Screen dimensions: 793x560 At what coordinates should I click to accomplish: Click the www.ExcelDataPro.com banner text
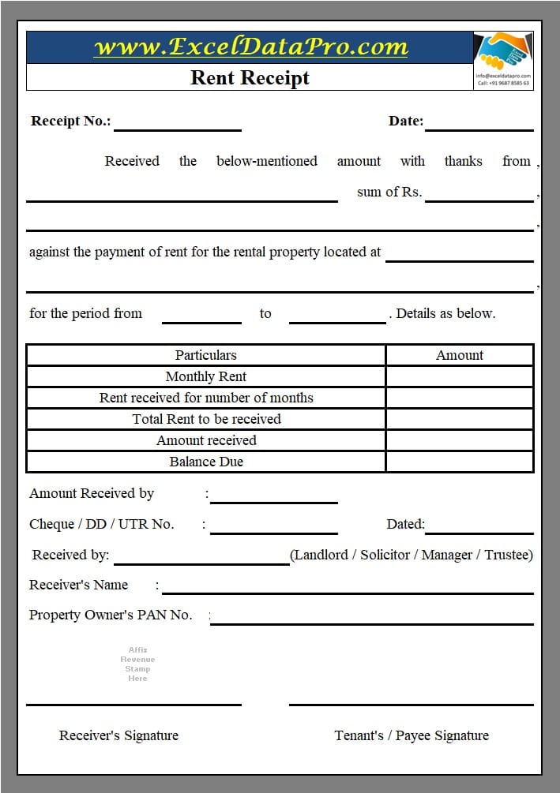pos(250,47)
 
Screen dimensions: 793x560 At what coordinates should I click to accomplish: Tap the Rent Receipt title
pos(250,77)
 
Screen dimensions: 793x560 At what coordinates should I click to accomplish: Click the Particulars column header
pos(205,355)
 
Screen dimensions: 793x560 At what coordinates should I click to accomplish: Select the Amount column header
pos(460,355)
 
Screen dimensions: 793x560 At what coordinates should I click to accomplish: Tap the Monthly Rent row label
pos(205,376)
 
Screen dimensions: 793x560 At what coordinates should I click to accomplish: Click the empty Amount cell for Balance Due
pos(460,462)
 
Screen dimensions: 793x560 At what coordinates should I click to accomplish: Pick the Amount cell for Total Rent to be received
pos(460,419)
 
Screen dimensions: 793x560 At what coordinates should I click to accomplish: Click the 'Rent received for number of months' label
pos(205,398)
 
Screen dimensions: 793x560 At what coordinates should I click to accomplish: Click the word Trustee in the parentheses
pos(508,555)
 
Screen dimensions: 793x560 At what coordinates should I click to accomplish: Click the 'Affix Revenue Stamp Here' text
pos(137,664)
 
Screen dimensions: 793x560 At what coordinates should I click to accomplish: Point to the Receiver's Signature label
pos(118,735)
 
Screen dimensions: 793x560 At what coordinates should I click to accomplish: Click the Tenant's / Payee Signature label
pos(412,735)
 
